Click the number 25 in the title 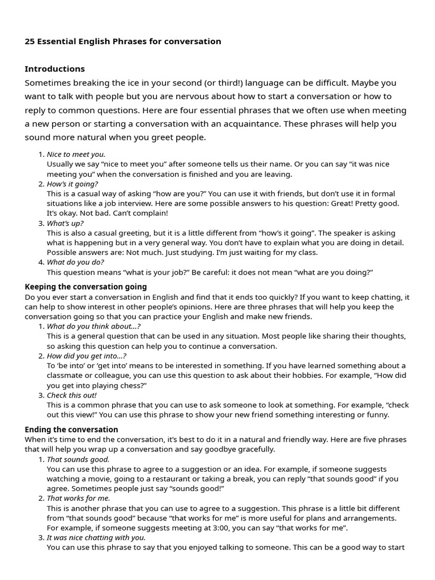click(x=29, y=41)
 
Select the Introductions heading click(x=54, y=69)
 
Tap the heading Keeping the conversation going click(x=86, y=287)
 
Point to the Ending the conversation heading click(x=71, y=429)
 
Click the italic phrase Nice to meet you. click(x=76, y=154)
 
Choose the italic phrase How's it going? click(x=72, y=184)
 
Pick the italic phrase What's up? click(x=65, y=223)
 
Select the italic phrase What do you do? click(x=75, y=262)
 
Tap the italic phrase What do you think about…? click(x=93, y=326)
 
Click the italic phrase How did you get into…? click(x=87, y=356)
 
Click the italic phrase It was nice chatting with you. click(x=96, y=538)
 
